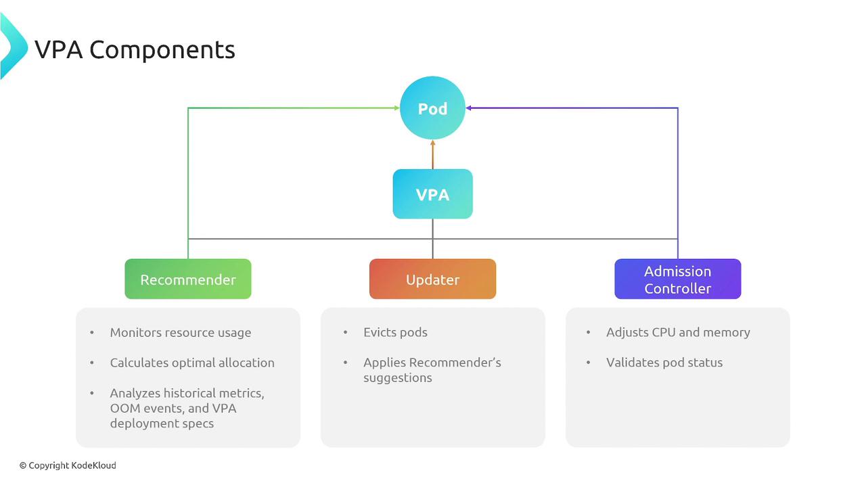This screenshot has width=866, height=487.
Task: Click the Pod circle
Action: pyautogui.click(x=432, y=108)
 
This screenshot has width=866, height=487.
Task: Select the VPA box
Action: pyautogui.click(x=432, y=194)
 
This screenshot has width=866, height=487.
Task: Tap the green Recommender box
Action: pyautogui.click(x=188, y=279)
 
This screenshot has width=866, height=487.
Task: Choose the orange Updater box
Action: pyautogui.click(x=432, y=279)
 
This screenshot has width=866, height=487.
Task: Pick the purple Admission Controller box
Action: pyautogui.click(x=677, y=279)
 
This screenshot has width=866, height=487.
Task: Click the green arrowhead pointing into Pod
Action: pyautogui.click(x=396, y=108)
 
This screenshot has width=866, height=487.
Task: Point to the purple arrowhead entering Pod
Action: pyautogui.click(x=469, y=108)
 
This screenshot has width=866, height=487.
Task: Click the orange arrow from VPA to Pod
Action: pyautogui.click(x=432, y=154)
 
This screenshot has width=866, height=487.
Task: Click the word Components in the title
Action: pyautogui.click(x=162, y=49)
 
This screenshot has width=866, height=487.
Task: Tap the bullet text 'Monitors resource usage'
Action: pyautogui.click(x=181, y=333)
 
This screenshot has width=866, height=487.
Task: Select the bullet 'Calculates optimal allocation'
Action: pyautogui.click(x=192, y=363)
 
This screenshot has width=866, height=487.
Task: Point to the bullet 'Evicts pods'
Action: pyautogui.click(x=395, y=332)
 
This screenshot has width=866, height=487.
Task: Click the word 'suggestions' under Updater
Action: pyautogui.click(x=397, y=377)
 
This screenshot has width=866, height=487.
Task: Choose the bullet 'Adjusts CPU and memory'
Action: pyautogui.click(x=678, y=332)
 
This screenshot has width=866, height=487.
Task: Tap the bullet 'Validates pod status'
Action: pyautogui.click(x=664, y=363)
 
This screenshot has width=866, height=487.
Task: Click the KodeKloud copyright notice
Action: pyautogui.click(x=68, y=465)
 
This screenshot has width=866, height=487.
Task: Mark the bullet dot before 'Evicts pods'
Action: pyautogui.click(x=346, y=332)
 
